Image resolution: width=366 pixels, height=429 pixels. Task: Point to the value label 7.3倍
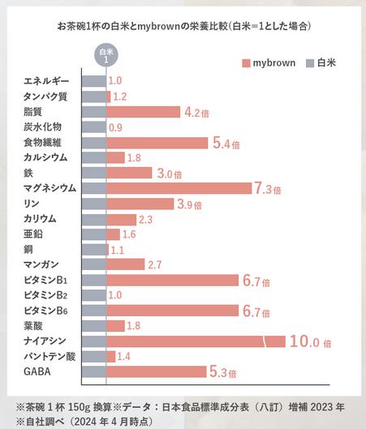coord(267,188)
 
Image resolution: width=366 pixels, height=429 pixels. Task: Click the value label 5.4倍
coord(224,144)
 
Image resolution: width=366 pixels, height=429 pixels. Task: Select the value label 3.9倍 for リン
coord(190,204)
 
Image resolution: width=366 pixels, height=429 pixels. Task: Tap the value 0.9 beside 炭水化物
coord(115,127)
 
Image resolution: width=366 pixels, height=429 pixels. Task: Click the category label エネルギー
coord(47,81)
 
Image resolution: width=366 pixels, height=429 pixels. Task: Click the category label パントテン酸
coord(49,356)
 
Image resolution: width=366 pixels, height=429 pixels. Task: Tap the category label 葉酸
coord(33,325)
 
